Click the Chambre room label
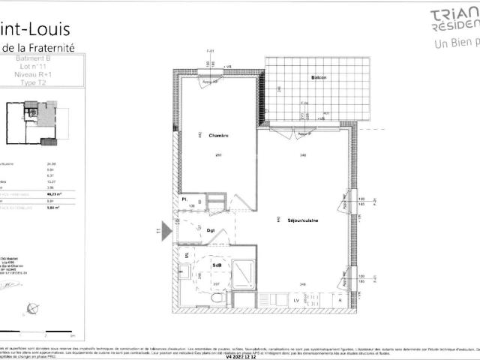click(218, 135)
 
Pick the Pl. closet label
click(183, 199)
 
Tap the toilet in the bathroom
click(217, 298)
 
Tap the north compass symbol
click(31, 307)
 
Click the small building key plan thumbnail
click(34, 123)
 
